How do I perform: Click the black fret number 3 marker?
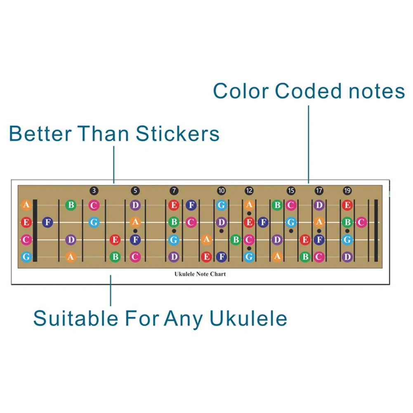pos(94,191)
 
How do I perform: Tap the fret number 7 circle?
pos(174,191)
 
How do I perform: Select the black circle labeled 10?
pos(222,191)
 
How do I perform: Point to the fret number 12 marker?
pos(249,191)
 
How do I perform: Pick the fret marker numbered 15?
pos(291,191)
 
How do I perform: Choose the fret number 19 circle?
pos(347,191)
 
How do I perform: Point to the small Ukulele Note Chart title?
pos(200,274)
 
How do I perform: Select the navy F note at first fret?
pos(48,223)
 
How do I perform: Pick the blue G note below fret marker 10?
pos(222,205)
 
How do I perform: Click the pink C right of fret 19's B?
pos(361,223)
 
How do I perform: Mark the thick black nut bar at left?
pos(35,231)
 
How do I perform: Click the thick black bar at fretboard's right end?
pos(376,231)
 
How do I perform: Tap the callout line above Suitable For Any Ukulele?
pos(111,290)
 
